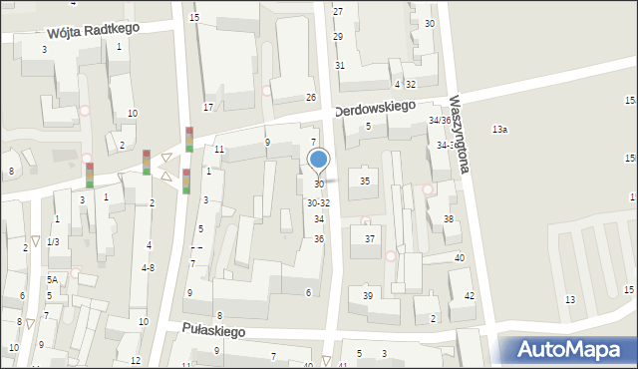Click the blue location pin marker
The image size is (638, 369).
[319, 160]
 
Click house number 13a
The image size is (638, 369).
[499, 130]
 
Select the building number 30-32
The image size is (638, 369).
[318, 203]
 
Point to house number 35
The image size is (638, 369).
[365, 181]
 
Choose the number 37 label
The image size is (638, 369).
[370, 238]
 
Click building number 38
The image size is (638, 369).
[449, 219]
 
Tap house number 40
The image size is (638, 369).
[460, 258]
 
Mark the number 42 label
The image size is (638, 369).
[470, 297]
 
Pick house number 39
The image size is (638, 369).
[368, 296]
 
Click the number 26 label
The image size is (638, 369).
[311, 98]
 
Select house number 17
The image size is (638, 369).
[208, 107]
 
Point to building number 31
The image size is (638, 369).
[340, 65]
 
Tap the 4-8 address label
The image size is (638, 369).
[148, 267]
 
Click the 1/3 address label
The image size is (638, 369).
[53, 242]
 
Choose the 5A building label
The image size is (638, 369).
[51, 280]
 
